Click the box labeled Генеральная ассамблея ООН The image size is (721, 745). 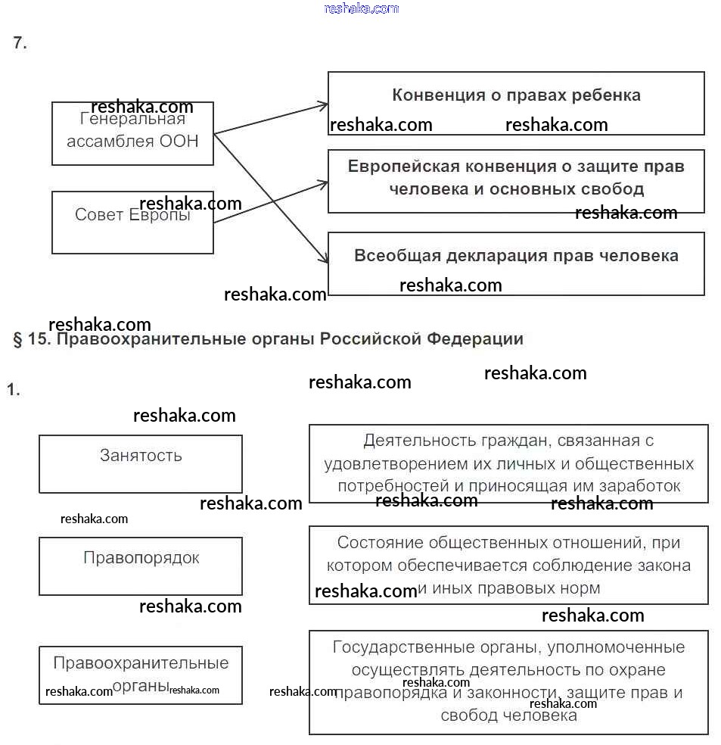pos(132,134)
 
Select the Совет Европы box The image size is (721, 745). pos(132,223)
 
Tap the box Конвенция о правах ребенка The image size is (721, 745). pos(516,103)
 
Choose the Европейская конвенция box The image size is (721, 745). pos(516,181)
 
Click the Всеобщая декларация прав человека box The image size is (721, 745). pos(516,263)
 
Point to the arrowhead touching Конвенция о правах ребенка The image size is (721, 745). pos(324,104)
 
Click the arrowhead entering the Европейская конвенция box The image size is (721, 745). pos(324,182)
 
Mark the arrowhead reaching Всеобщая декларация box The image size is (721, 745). pos(324,260)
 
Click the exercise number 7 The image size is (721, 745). pos(20,43)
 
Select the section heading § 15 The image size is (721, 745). pos(268,338)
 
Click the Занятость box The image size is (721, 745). pos(141,463)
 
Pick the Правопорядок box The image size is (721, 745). pos(141,566)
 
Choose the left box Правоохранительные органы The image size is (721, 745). pos(141,675)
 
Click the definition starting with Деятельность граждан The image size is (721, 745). pos(508,463)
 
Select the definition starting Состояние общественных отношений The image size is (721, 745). pos(508,565)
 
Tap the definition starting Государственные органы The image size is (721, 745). pos(508,681)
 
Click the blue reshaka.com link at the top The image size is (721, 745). pos(361,8)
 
